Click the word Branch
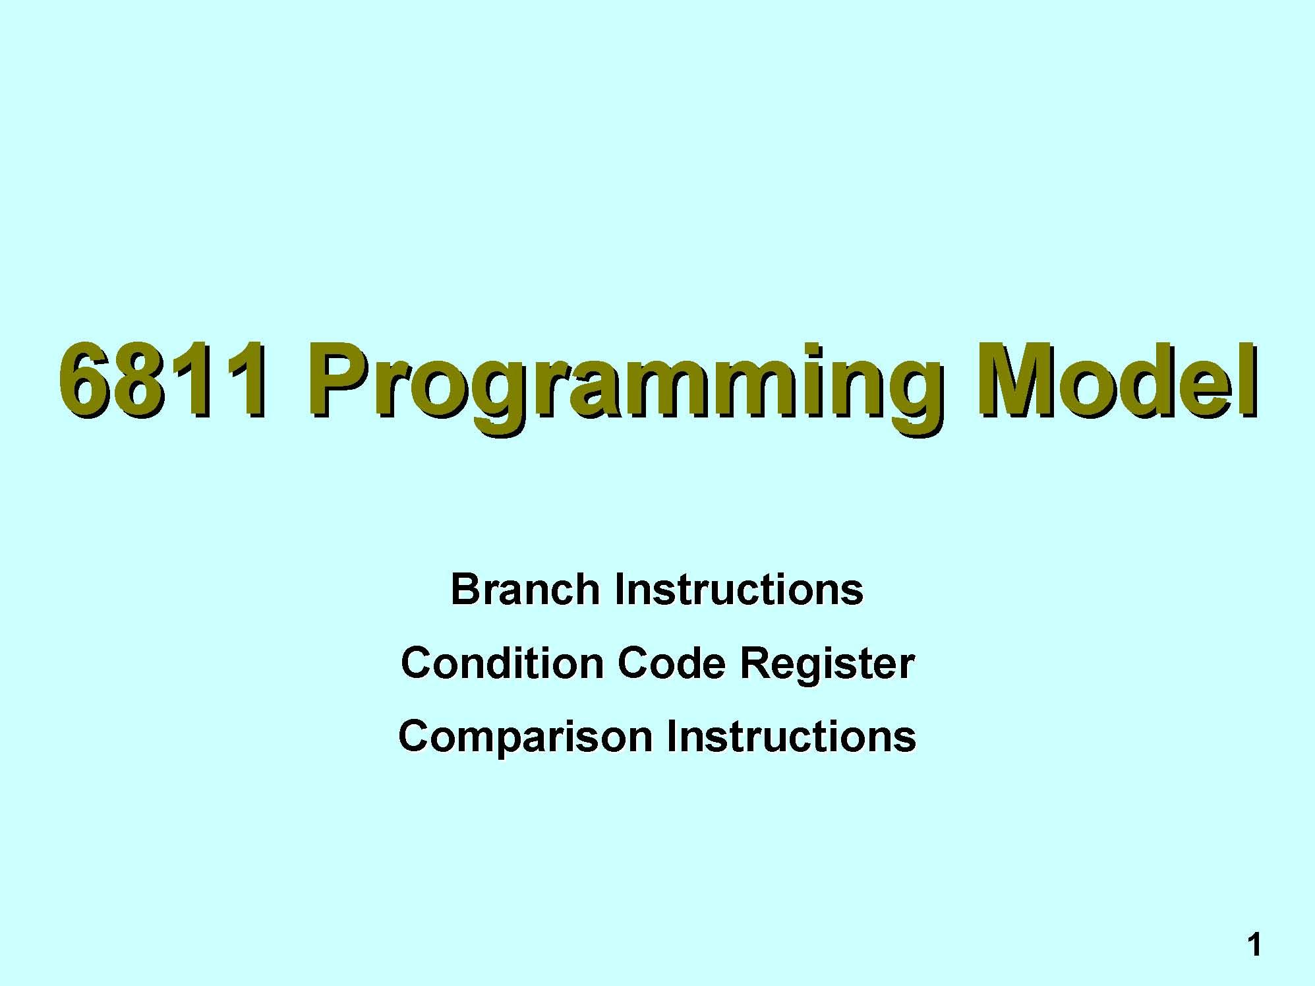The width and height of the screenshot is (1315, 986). click(x=525, y=589)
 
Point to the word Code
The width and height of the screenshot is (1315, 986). click(x=672, y=662)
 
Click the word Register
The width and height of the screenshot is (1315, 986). click(x=827, y=665)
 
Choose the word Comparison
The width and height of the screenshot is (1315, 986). click(x=525, y=738)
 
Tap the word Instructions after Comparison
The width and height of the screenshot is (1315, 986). click(x=791, y=735)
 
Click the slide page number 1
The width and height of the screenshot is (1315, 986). click(x=1254, y=945)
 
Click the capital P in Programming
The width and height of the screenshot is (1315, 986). click(x=339, y=381)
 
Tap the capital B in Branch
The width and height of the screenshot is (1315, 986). click(x=467, y=589)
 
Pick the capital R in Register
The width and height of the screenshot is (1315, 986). click(x=755, y=662)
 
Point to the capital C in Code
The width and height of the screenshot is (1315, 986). click(x=634, y=662)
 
